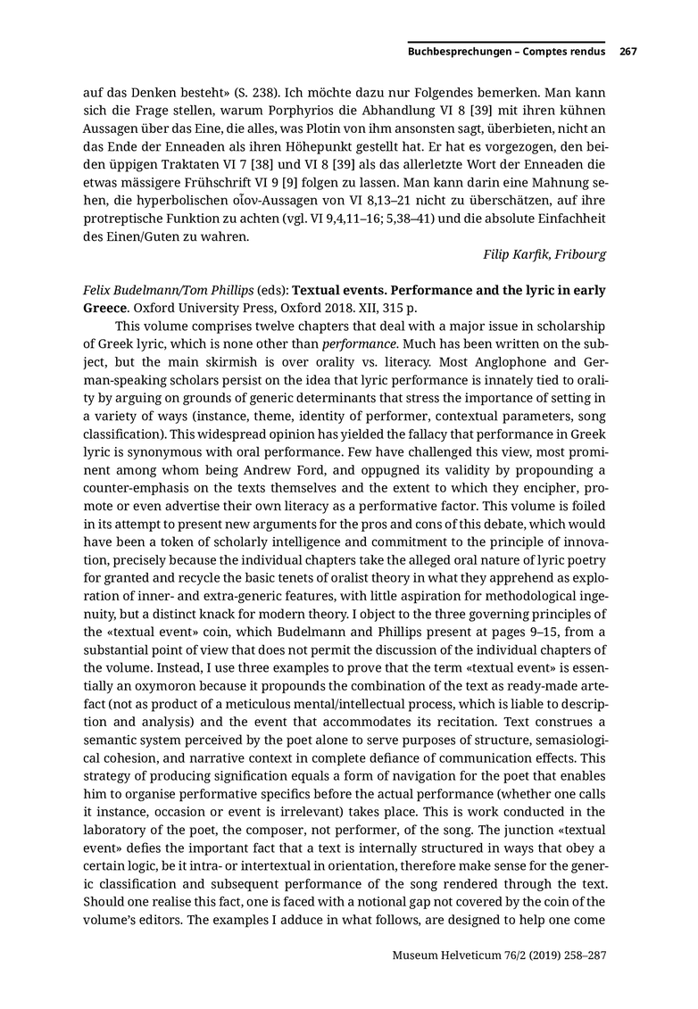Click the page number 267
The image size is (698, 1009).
click(627, 52)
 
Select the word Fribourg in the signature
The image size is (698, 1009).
click(580, 254)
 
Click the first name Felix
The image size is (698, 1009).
click(100, 291)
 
